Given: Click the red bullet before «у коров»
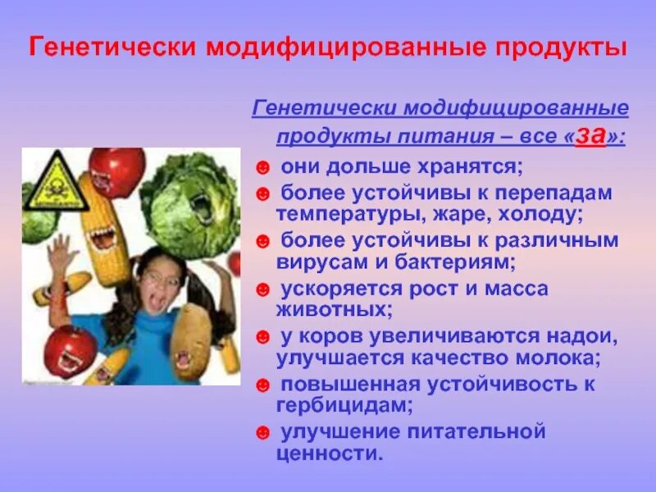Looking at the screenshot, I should click(262, 337).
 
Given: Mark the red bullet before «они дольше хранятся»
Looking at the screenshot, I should click(262, 167).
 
